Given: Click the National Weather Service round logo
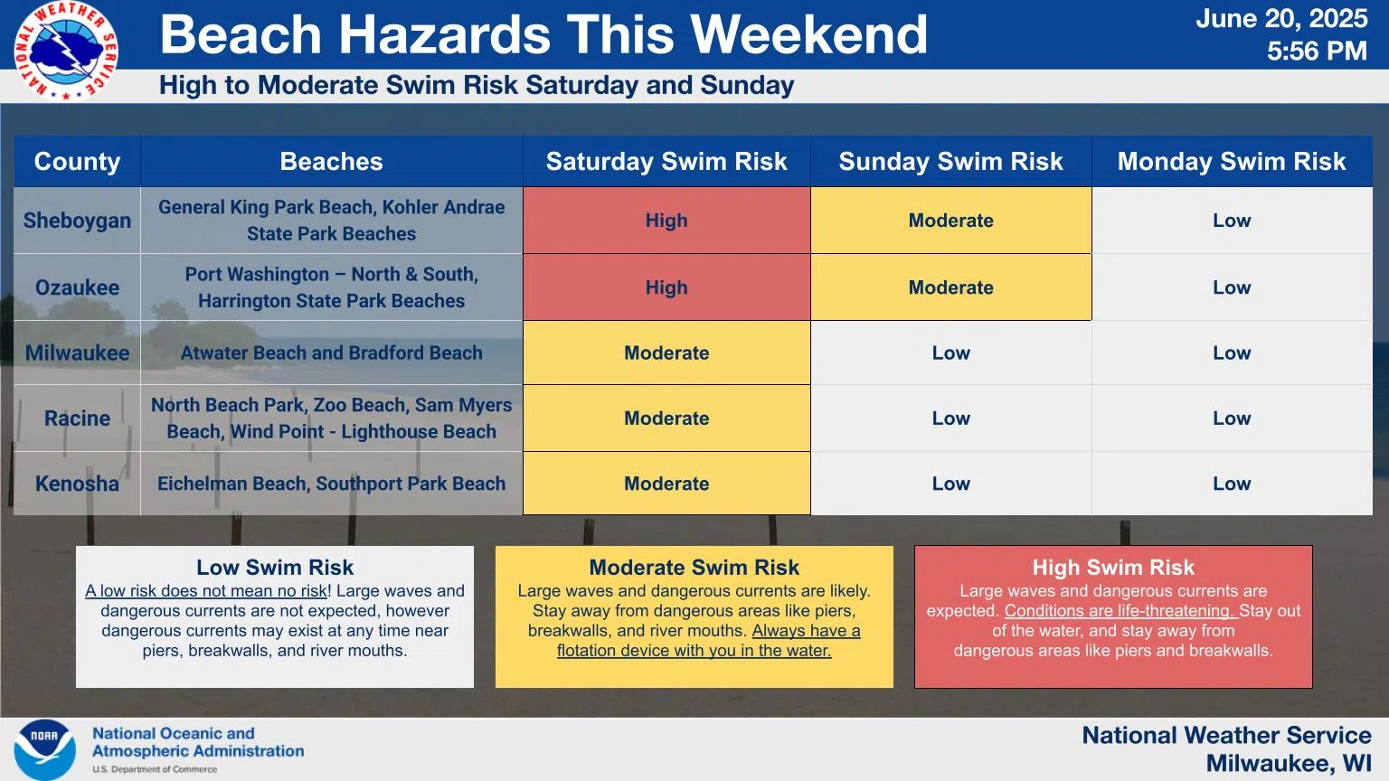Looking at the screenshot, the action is [x=66, y=51].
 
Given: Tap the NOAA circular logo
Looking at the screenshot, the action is [x=44, y=749].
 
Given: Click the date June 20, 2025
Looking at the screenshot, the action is [x=1281, y=19].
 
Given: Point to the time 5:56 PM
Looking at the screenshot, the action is [x=1317, y=51].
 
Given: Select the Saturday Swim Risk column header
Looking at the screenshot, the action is [x=666, y=161].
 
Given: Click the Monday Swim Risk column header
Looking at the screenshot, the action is [x=1232, y=161].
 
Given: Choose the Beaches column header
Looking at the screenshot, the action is [x=331, y=161].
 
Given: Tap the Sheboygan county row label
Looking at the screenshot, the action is [x=77, y=221].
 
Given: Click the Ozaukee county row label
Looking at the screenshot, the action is [x=77, y=287].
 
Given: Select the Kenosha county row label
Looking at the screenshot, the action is [x=77, y=484].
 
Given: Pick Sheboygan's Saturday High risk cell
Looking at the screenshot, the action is [x=666, y=220].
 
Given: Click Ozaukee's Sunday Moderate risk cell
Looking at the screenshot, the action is [x=950, y=287].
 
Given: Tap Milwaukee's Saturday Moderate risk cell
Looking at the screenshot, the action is [x=666, y=353].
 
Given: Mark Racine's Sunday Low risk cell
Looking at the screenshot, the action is [x=950, y=419].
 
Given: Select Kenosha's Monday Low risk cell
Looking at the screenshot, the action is [x=1232, y=484].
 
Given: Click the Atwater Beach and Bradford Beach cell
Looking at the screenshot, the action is [x=331, y=353].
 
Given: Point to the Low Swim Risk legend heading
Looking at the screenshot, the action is [x=275, y=567].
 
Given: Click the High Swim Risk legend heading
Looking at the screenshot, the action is [x=1113, y=567].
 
